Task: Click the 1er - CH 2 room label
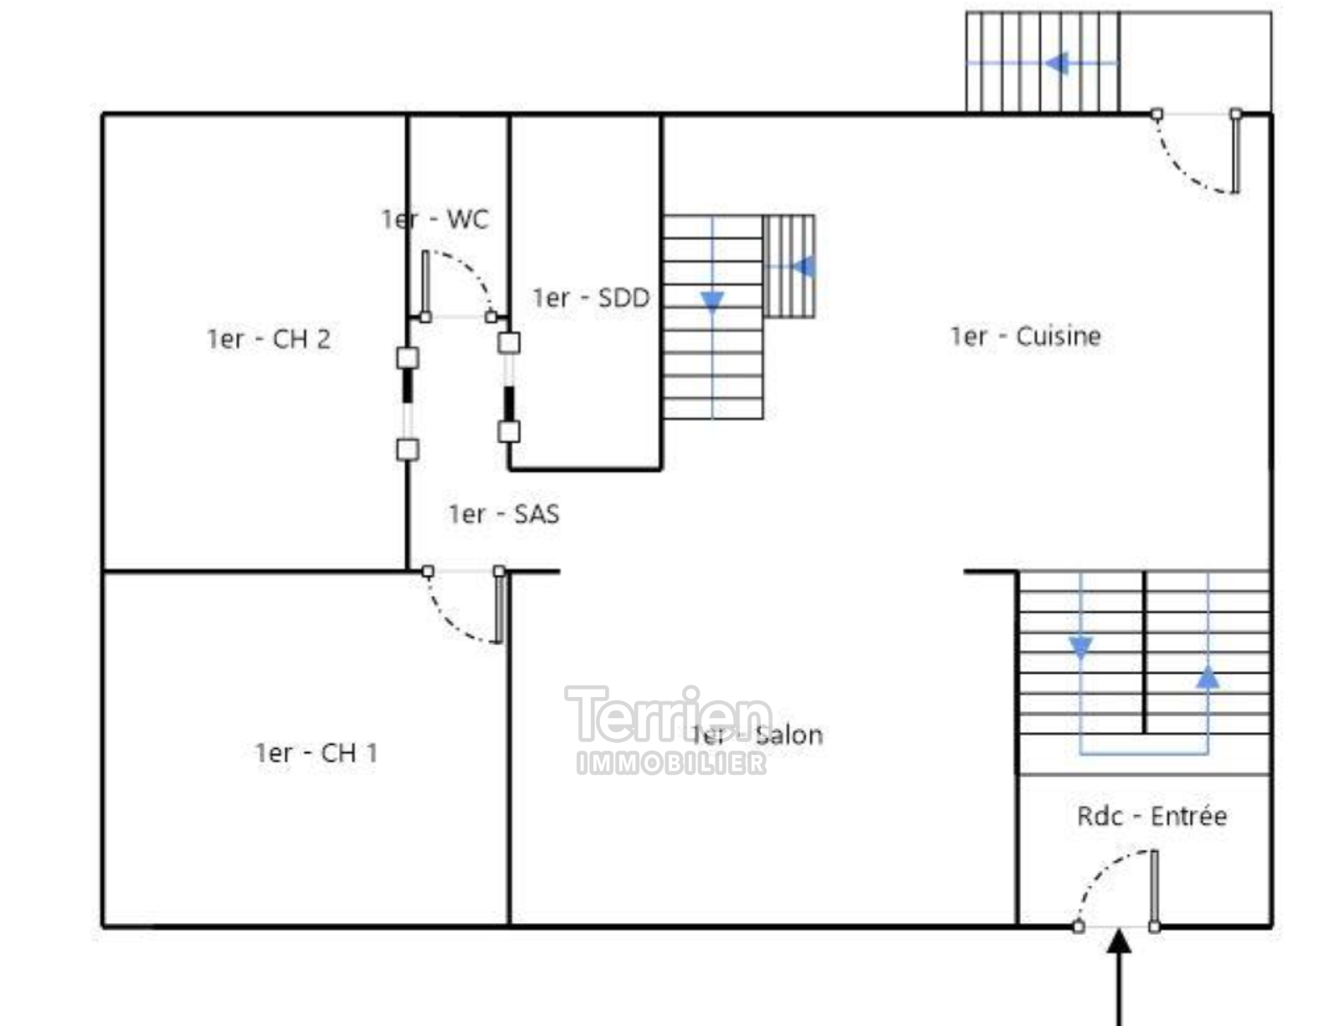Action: pos(269,339)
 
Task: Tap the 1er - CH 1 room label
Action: pos(316,753)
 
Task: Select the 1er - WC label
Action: pos(434,219)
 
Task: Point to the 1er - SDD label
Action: pos(591,297)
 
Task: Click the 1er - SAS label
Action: pos(504,514)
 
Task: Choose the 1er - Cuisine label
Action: pos(1025,336)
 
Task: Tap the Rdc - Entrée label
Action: pos(1152,816)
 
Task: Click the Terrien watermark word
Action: pos(667,716)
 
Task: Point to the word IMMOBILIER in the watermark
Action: pos(671,762)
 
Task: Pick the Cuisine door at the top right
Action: pos(1234,152)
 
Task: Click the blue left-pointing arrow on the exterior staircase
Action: pos(1057,63)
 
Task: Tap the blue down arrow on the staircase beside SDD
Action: pos(712,302)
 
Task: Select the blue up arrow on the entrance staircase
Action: pos(1207,677)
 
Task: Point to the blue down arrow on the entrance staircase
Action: pos(1080,647)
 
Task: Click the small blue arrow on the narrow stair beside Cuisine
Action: pos(803,267)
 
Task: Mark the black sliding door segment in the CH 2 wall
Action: pos(408,386)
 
